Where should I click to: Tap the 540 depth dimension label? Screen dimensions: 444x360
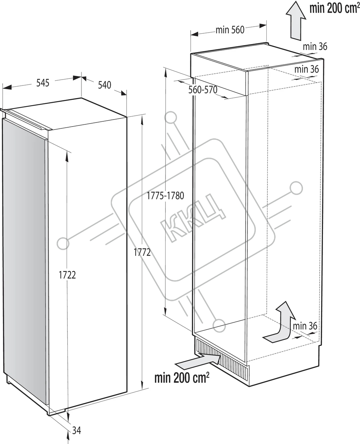pyautogui.click(x=104, y=85)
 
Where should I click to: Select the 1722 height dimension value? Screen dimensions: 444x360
pyautogui.click(x=67, y=275)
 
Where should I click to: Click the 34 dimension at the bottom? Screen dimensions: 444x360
pyautogui.click(x=76, y=431)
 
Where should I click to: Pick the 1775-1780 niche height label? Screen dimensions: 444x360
pyautogui.click(x=166, y=196)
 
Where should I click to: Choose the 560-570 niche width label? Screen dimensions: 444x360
pyautogui.click(x=202, y=90)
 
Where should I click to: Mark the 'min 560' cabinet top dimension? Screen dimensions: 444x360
pyautogui.click(x=230, y=30)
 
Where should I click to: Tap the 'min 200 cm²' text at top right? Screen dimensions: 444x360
pyautogui.click(x=332, y=9)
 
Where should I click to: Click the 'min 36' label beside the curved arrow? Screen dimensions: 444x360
pyautogui.click(x=305, y=326)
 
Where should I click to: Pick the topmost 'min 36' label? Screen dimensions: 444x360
pyautogui.click(x=315, y=47)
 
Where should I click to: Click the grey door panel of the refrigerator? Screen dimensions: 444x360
pyautogui.click(x=24, y=259)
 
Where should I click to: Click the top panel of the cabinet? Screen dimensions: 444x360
pyautogui.click(x=256, y=55)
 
